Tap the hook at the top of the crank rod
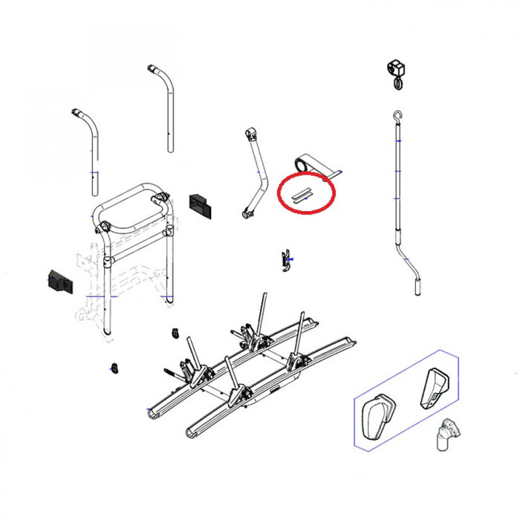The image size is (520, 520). click(399, 116)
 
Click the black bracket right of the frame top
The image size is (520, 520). click(200, 204)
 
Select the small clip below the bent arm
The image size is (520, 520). click(285, 259)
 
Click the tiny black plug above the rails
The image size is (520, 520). click(176, 331)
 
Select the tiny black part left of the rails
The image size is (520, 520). click(114, 367)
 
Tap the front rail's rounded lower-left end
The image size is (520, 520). click(189, 432)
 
